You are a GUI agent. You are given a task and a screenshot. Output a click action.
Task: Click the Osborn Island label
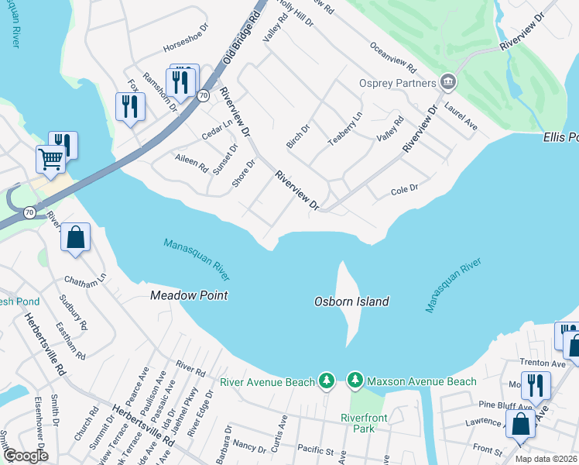click(x=351, y=301)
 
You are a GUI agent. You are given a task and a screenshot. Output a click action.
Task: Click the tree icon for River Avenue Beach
click(x=327, y=381)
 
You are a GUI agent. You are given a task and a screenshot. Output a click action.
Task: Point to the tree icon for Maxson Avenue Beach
click(x=355, y=381)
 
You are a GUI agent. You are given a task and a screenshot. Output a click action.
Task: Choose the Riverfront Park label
click(x=368, y=422)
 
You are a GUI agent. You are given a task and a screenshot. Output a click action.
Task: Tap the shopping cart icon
click(x=51, y=160)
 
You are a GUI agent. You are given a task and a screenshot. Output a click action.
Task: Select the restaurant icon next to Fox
click(x=130, y=105)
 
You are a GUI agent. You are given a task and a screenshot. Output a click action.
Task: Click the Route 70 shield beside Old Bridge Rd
click(x=203, y=95)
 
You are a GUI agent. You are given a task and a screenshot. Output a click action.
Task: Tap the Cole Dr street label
click(x=404, y=189)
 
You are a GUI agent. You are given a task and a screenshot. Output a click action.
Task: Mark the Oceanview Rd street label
click(x=393, y=57)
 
